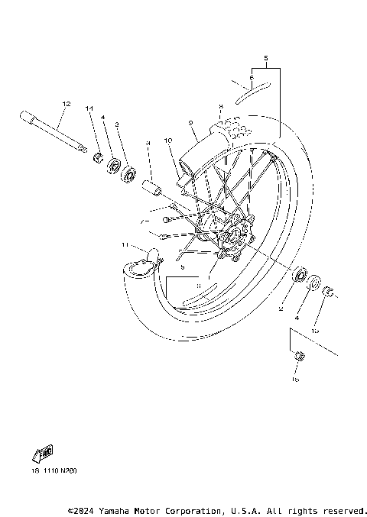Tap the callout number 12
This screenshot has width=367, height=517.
click(67, 103)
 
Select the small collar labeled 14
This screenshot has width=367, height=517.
click(99, 158)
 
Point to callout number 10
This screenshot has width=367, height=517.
click(169, 141)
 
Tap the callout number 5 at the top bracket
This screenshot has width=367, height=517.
click(265, 58)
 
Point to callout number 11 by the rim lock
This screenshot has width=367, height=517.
click(124, 244)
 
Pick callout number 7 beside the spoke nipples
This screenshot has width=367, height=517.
click(141, 222)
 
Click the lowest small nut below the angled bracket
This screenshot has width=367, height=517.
click(299, 356)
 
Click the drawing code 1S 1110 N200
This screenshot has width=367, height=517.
click(54, 471)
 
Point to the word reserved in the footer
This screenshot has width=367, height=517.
click(346, 509)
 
